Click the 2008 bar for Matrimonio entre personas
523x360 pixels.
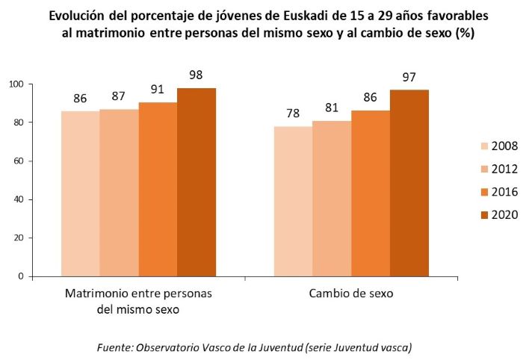pos(81,193)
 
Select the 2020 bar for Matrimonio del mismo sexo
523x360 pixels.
pos(196,182)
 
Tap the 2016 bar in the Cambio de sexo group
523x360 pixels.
pos(371,193)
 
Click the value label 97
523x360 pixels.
pos(409,78)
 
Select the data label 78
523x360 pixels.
pos(293,114)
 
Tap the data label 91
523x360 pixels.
pos(158,89)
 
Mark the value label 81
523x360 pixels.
pos(332,108)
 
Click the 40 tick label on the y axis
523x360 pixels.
pos(18,199)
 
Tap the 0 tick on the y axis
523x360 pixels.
pos(21,276)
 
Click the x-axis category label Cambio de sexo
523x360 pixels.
pos(351,294)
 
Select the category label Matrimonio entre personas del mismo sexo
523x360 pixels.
pos(138,300)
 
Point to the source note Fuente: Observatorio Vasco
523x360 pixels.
pos(255,348)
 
